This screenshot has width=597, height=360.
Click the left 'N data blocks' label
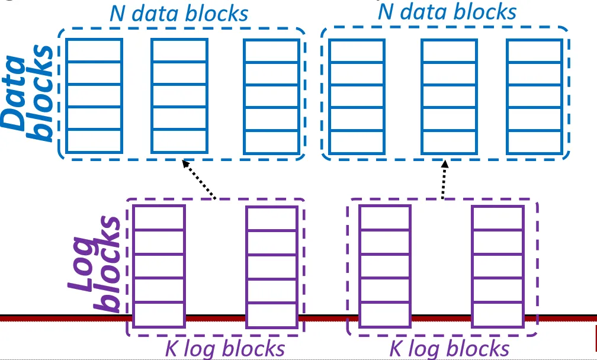178,14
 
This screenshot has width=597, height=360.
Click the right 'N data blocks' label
447,11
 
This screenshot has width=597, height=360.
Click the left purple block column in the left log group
159,266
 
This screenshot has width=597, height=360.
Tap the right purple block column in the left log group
271,266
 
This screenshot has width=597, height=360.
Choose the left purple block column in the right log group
384,266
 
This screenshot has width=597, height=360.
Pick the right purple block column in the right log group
497,266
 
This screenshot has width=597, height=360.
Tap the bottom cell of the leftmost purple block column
159,314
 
